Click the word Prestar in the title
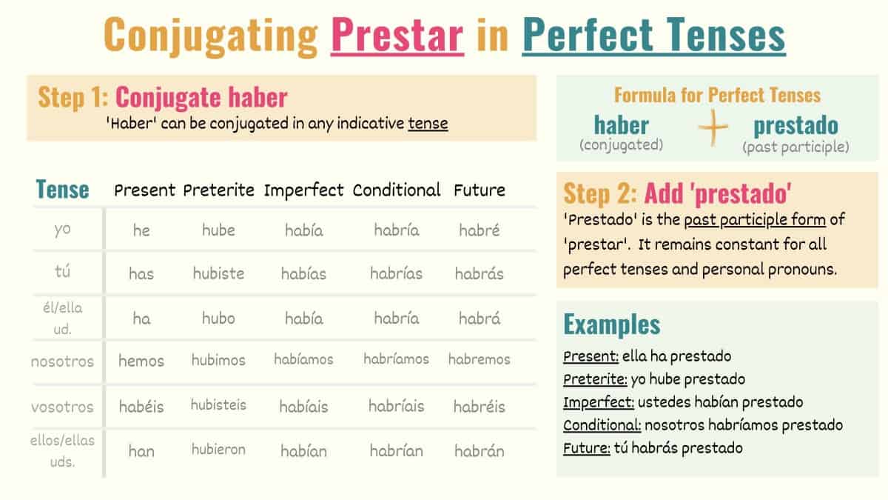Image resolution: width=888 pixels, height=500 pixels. click(397, 35)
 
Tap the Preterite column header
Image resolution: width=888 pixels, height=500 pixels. click(219, 190)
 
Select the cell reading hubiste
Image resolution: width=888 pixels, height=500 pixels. click(218, 273)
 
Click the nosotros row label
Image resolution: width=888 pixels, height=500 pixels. click(63, 362)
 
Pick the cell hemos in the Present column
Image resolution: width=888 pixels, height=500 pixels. click(141, 361)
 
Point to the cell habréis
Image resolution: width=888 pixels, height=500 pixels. click(480, 407)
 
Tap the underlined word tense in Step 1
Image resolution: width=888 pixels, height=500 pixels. click(428, 123)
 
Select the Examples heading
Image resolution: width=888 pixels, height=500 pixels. click(611, 324)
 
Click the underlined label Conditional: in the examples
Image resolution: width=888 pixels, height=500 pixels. click(602, 425)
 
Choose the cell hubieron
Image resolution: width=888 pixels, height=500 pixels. click(218, 450)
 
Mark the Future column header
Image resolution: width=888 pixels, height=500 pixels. click(480, 190)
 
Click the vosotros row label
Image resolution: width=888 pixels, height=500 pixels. click(63, 407)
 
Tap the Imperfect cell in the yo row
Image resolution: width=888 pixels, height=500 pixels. click(304, 230)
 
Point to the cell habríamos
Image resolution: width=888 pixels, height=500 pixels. click(396, 359)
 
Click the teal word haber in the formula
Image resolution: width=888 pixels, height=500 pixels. click(621, 125)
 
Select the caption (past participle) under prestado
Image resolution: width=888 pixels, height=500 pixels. click(795, 147)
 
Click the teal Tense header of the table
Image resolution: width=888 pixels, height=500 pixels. click(63, 190)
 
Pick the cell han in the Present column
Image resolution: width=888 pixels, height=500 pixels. click(141, 450)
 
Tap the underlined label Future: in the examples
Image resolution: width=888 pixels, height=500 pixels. click(586, 448)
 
